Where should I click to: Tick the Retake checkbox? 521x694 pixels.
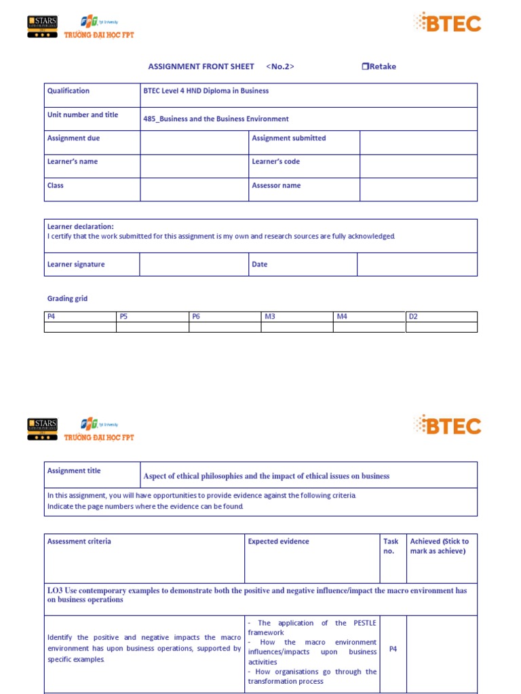coord(365,66)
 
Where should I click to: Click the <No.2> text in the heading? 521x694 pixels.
coord(280,66)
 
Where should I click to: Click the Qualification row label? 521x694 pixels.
coord(69,91)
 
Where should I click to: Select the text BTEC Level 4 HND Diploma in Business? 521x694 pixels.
coord(206,91)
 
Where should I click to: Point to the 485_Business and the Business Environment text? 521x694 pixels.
coord(216,119)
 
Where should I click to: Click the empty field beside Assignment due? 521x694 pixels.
coord(194,142)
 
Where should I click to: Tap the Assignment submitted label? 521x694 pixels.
coord(288,138)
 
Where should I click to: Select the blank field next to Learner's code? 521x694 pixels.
coord(418,166)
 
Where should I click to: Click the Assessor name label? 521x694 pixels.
coord(276,186)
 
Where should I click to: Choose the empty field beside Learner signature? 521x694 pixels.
coord(194,264)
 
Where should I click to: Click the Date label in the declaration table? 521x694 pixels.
coord(260,264)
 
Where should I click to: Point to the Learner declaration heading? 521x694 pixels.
coord(80,226)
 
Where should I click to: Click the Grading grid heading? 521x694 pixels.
coord(67,299)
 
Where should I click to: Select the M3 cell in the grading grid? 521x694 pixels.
coord(270,317)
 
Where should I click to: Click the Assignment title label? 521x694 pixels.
coord(74,471)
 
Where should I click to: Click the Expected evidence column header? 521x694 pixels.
coord(278,542)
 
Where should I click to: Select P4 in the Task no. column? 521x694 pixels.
coord(393,649)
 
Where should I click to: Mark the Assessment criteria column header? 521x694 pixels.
coord(79,542)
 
